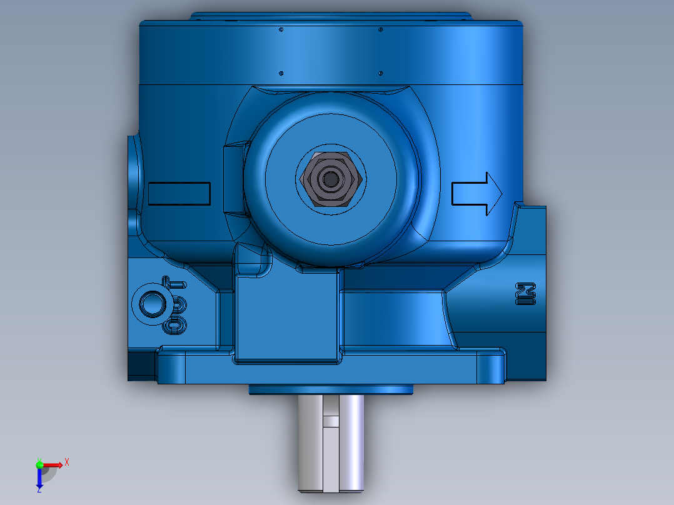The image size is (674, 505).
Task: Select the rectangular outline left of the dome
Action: click(x=179, y=194)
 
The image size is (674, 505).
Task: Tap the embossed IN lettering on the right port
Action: click(x=526, y=294)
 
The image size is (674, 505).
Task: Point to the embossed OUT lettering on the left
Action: click(x=176, y=306)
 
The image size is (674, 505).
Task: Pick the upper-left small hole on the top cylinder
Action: click(x=281, y=29)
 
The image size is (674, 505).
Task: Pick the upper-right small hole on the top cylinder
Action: click(x=380, y=29)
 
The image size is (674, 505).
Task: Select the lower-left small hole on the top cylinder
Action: click(x=281, y=73)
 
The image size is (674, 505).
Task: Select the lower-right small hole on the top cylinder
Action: click(x=380, y=73)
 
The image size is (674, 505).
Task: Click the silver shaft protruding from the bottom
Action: click(x=330, y=444)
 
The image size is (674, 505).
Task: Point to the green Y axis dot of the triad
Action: click(x=39, y=464)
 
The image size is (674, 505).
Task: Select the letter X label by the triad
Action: click(x=67, y=462)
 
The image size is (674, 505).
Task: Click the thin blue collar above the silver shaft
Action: click(x=330, y=389)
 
